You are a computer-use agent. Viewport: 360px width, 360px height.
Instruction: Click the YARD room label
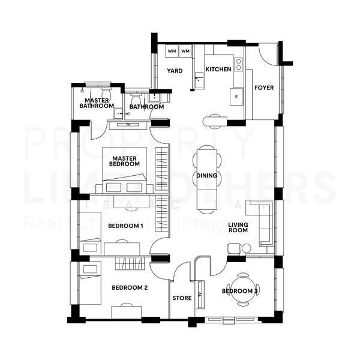(x=175, y=70)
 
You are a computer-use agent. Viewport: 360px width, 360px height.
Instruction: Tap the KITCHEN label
(x=218, y=70)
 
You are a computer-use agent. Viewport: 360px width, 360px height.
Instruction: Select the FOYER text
(x=264, y=88)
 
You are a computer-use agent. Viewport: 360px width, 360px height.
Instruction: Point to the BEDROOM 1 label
(x=125, y=226)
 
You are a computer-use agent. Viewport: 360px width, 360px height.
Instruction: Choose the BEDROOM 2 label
(x=130, y=288)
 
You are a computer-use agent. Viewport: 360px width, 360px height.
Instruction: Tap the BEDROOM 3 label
(x=240, y=292)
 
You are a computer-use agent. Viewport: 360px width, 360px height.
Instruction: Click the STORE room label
(x=182, y=298)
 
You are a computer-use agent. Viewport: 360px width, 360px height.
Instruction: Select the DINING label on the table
(x=206, y=176)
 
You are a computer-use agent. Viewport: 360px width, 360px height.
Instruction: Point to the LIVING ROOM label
(x=238, y=227)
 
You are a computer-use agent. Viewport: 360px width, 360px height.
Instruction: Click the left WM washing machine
(x=172, y=52)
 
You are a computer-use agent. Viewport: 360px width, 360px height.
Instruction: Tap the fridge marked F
(x=237, y=96)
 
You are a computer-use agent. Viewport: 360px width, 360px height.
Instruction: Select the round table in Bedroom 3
(x=243, y=290)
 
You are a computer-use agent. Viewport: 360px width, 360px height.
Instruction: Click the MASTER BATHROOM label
(x=97, y=103)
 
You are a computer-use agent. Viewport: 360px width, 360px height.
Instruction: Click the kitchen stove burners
(x=238, y=63)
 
